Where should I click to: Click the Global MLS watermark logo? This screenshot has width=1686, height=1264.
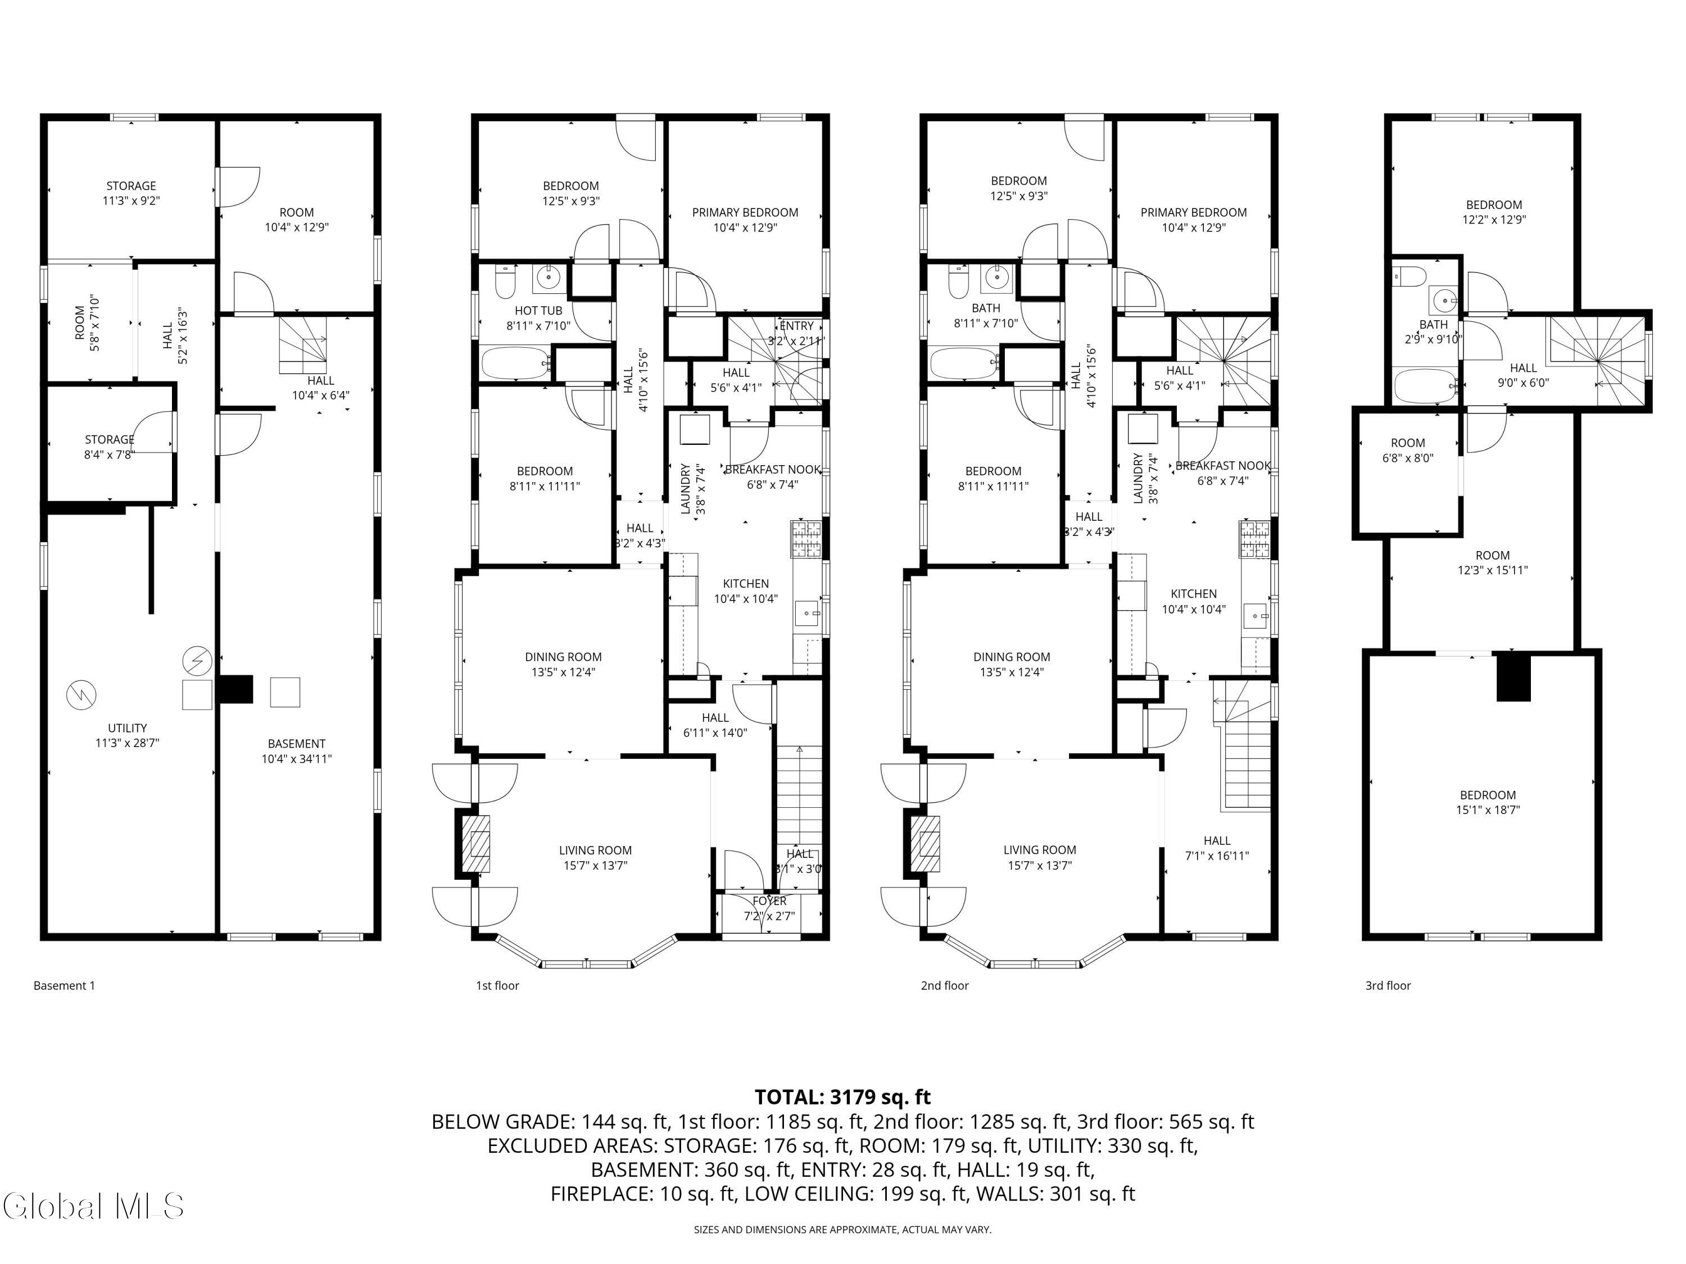93,1206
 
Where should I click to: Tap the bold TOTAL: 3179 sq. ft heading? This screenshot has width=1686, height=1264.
842,1097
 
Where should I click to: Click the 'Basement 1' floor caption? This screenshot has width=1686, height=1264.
64,986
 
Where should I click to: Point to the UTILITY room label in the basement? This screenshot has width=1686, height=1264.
127,729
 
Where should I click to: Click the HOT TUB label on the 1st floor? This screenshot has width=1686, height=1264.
538,311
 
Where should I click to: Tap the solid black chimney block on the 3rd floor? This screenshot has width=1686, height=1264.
1513,676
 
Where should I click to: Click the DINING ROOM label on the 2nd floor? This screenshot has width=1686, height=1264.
1012,657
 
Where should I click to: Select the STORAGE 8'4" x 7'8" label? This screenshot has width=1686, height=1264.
110,447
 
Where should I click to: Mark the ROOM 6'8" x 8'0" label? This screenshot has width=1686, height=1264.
1407,451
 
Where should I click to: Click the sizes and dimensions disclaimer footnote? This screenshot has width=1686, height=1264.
842,1229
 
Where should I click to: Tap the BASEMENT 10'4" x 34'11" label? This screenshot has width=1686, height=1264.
297,751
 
